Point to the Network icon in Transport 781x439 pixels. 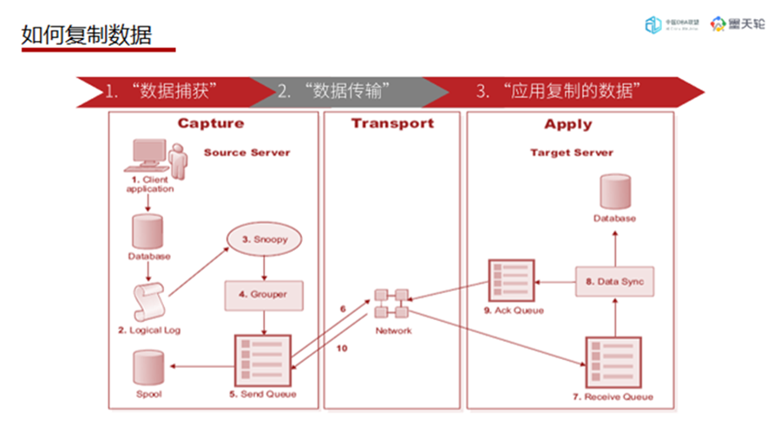[x=392, y=305]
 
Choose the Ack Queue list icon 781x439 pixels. [x=513, y=279]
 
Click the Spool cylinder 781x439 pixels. [x=148, y=368]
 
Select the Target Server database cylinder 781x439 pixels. [x=614, y=192]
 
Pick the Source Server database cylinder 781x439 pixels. [x=148, y=231]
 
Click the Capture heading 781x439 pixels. [x=211, y=124]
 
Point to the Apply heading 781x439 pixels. [x=568, y=124]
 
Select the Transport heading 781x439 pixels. [x=392, y=123]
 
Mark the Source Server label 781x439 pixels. [x=247, y=153]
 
